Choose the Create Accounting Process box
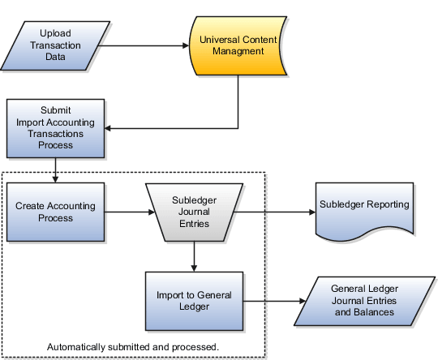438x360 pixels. pyautogui.click(x=55, y=212)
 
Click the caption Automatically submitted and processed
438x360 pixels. pyautogui.click(x=133, y=346)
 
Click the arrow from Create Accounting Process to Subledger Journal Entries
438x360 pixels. pyautogui.click(x=130, y=213)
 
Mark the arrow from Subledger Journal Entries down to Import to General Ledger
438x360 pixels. pyautogui.click(x=193, y=256)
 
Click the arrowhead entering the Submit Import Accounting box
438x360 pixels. pyautogui.click(x=111, y=127)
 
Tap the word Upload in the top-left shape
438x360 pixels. pyautogui.click(x=54, y=33)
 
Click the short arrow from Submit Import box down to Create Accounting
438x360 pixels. pyautogui.click(x=55, y=169)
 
